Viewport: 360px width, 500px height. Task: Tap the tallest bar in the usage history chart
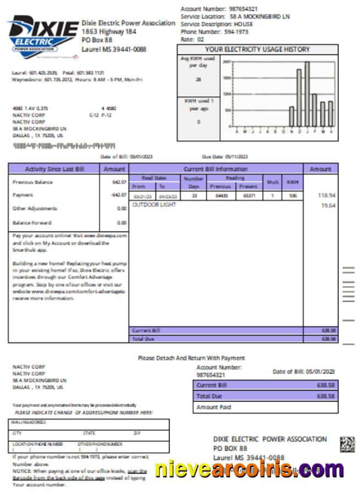307,94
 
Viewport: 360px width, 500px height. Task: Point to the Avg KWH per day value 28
198,80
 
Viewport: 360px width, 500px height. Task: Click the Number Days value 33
193,195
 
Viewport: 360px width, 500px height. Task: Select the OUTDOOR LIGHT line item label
154,205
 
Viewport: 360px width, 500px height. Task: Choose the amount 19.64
328,206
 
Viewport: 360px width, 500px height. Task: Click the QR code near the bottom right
347,444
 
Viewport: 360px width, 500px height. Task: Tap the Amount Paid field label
214,408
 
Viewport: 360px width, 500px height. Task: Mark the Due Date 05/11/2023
236,157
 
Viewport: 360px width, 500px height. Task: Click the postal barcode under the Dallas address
64,146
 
